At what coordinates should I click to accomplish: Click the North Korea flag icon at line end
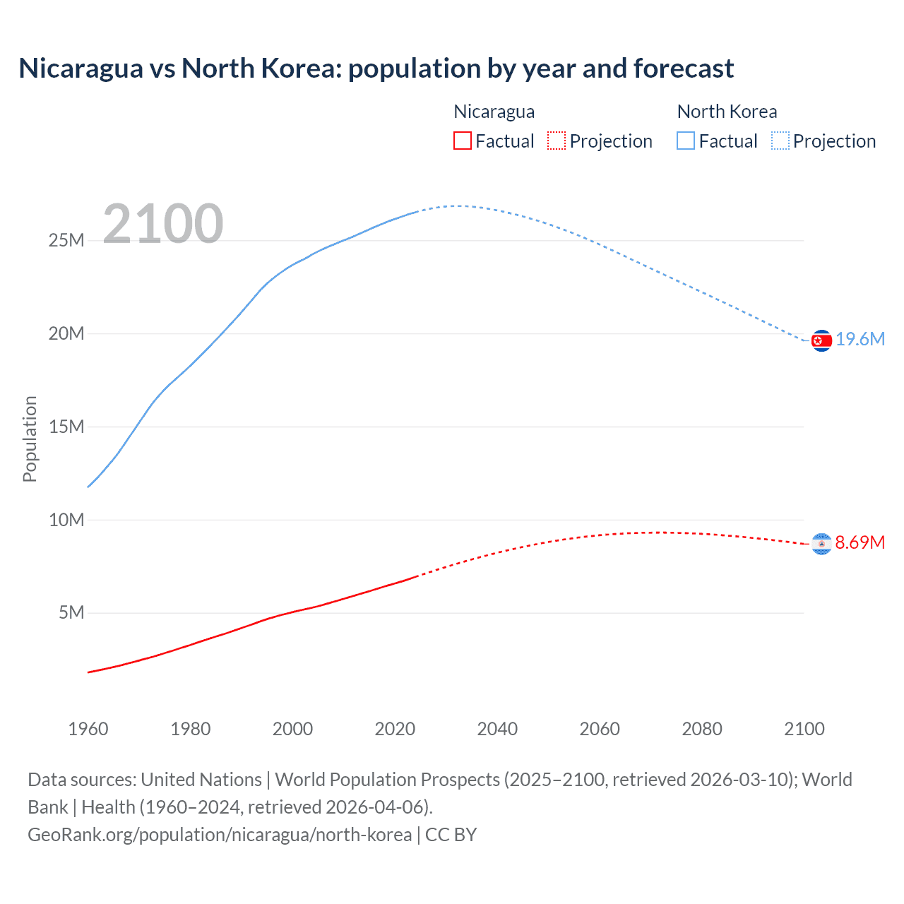click(x=821, y=340)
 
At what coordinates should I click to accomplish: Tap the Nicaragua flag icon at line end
click(x=821, y=543)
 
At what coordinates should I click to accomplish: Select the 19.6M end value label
click(x=860, y=340)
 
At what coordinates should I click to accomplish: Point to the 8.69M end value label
click(x=860, y=542)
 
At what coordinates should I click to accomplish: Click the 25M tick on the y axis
click(x=66, y=241)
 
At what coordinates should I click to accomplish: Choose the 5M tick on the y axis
click(x=71, y=612)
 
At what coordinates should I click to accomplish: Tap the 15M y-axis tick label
click(x=66, y=427)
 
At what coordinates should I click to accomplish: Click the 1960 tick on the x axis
click(x=88, y=729)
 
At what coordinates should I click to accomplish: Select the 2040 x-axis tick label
click(x=497, y=729)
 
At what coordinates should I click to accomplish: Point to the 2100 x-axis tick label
click(x=804, y=729)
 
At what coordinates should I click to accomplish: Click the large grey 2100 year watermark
click(x=163, y=225)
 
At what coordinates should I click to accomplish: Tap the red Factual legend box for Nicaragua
click(x=463, y=141)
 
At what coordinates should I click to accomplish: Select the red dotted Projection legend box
click(x=557, y=141)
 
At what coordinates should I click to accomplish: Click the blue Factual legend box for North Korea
click(x=686, y=141)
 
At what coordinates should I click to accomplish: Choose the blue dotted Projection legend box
click(x=780, y=141)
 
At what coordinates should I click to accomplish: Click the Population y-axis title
click(x=30, y=439)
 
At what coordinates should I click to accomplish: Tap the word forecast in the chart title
click(x=683, y=69)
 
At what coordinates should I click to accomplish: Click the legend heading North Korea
click(x=727, y=112)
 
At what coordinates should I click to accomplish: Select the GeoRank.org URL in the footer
click(x=220, y=835)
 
